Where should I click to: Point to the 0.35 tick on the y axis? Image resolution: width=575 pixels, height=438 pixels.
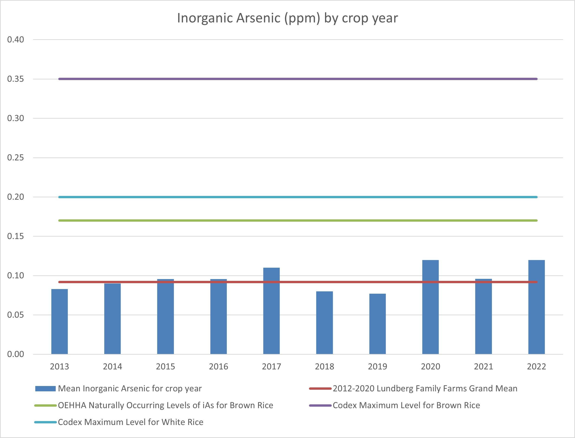16,79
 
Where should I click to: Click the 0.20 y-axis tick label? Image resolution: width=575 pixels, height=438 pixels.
16,197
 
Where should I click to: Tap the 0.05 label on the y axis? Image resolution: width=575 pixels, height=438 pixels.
16,315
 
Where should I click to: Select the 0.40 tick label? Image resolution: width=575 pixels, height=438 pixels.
16,40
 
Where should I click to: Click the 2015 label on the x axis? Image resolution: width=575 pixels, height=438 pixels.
165,367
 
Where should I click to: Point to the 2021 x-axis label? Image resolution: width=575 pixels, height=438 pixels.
484,367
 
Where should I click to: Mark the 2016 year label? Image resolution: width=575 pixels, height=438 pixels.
218,367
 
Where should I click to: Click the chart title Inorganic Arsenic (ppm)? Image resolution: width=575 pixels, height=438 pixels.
287,18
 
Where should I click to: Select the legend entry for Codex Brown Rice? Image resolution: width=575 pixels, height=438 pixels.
406,406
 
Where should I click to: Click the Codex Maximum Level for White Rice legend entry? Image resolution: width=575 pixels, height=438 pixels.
130,422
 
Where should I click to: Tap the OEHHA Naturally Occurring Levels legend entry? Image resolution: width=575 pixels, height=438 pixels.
165,406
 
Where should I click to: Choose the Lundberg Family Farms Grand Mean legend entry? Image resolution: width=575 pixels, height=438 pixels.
425,389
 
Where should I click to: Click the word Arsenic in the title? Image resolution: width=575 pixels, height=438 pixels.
258,18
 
